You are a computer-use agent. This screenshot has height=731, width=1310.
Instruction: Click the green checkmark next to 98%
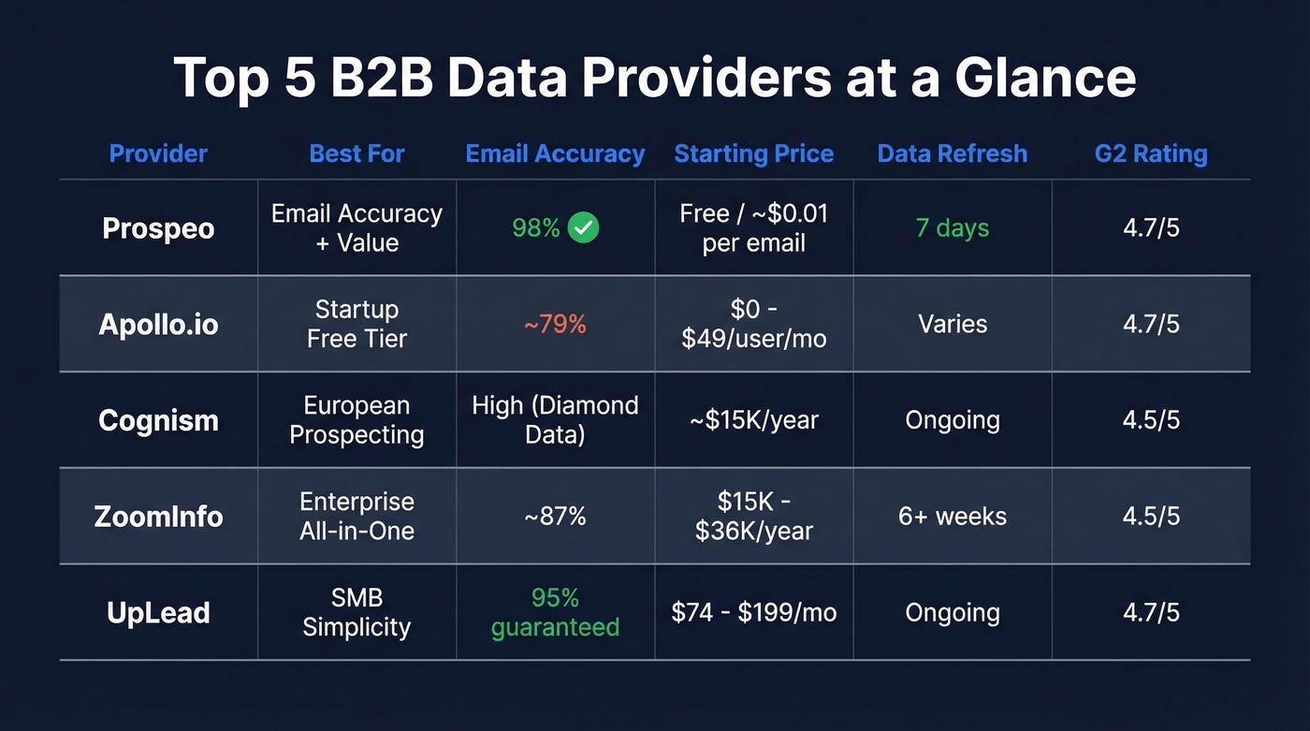click(584, 227)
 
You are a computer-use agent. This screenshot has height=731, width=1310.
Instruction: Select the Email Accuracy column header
click(555, 154)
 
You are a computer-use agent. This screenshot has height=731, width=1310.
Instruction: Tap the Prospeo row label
click(158, 228)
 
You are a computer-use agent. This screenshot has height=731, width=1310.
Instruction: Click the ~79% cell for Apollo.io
click(555, 324)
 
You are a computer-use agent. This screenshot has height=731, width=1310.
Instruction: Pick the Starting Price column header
click(753, 154)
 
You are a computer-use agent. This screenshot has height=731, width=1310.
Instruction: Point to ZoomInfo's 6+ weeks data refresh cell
click(952, 516)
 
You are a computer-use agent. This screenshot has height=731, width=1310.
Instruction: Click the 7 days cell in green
click(952, 227)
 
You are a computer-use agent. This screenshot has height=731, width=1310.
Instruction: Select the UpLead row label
click(158, 613)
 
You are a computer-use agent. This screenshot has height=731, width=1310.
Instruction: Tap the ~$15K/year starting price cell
click(753, 420)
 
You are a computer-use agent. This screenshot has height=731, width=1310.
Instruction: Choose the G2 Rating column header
click(1151, 154)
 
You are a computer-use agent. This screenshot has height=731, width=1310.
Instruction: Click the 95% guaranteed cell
click(555, 612)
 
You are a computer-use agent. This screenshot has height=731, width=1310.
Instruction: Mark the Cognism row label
click(158, 420)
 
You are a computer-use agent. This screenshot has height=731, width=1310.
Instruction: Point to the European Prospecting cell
click(357, 420)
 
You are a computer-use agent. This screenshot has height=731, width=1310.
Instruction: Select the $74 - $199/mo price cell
click(753, 613)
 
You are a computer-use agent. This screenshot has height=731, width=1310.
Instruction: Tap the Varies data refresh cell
click(952, 324)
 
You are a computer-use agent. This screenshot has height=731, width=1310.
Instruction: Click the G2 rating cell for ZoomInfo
click(1151, 516)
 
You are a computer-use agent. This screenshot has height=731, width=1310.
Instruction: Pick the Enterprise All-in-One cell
click(357, 516)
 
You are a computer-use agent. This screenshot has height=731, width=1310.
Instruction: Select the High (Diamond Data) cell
click(555, 420)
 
